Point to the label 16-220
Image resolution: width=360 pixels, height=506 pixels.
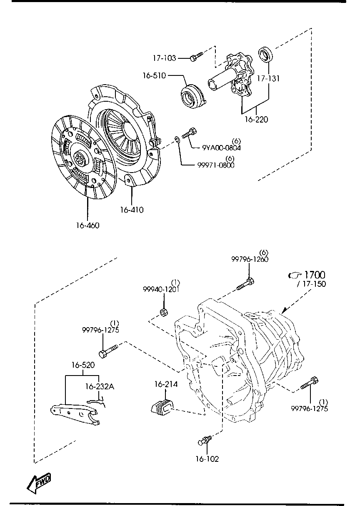click(x=256, y=120)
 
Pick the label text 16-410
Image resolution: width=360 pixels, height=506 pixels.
click(x=131, y=210)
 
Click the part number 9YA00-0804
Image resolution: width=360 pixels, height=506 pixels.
click(x=221, y=148)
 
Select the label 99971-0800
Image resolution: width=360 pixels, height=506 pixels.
click(x=216, y=165)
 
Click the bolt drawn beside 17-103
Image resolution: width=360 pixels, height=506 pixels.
click(x=195, y=56)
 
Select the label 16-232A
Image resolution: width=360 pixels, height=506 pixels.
click(x=99, y=386)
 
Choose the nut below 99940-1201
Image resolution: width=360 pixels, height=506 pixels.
click(x=164, y=313)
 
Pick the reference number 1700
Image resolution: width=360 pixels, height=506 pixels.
click(x=315, y=275)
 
